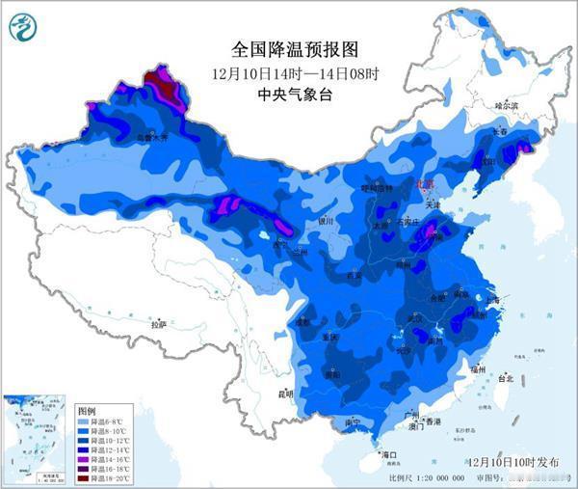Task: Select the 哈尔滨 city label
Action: (507, 104)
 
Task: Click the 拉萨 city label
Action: (159, 325)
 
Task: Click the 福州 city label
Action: (478, 368)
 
